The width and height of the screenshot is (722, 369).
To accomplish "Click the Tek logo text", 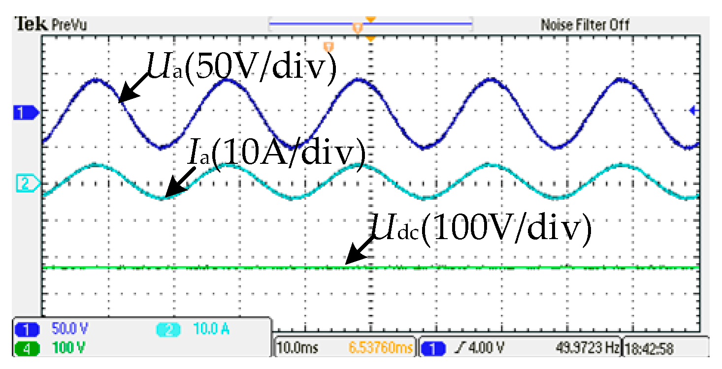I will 31,24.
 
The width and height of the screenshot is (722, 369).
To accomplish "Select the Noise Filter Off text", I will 585,24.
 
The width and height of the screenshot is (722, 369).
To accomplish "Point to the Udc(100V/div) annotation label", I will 480,228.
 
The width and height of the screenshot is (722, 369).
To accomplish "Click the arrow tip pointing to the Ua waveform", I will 120,102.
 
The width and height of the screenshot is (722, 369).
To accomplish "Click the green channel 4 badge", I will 27,348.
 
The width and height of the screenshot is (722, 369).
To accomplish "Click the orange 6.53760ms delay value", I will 380,348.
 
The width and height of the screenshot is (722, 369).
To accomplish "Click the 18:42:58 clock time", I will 651,348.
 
